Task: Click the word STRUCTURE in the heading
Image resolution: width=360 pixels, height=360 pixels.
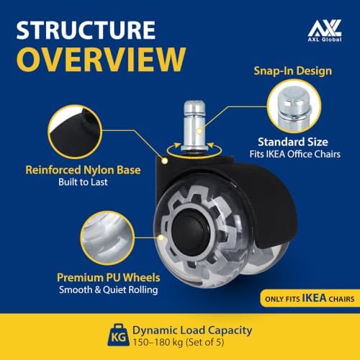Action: (86, 30)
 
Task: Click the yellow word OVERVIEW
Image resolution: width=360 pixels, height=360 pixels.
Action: (101, 59)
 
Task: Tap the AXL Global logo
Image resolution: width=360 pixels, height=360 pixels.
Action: (325, 31)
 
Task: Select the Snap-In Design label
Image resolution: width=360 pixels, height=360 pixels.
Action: (293, 71)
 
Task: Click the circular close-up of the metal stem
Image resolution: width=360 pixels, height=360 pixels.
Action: (294, 106)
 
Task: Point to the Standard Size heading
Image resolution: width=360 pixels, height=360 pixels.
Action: (293, 142)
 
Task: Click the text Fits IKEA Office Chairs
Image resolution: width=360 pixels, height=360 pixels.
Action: (294, 154)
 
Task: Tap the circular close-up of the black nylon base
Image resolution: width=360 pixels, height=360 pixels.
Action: (75, 132)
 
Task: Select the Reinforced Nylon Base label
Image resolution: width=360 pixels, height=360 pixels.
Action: (83, 170)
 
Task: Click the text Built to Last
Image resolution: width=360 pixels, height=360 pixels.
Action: (83, 182)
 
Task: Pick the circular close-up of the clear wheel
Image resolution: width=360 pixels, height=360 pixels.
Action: (107, 238)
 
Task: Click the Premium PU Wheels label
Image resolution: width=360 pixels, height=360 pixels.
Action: (109, 278)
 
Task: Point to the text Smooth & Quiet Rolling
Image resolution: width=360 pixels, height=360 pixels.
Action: (109, 289)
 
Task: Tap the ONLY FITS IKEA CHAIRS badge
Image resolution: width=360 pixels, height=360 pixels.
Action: (310, 298)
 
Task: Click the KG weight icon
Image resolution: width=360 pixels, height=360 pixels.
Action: (118, 336)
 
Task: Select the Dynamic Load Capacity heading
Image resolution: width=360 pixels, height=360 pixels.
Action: (192, 330)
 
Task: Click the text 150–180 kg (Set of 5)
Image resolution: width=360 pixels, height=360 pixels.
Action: (179, 342)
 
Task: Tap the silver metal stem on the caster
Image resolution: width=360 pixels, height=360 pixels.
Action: (194, 126)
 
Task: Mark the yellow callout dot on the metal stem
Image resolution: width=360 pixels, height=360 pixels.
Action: (199, 131)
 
